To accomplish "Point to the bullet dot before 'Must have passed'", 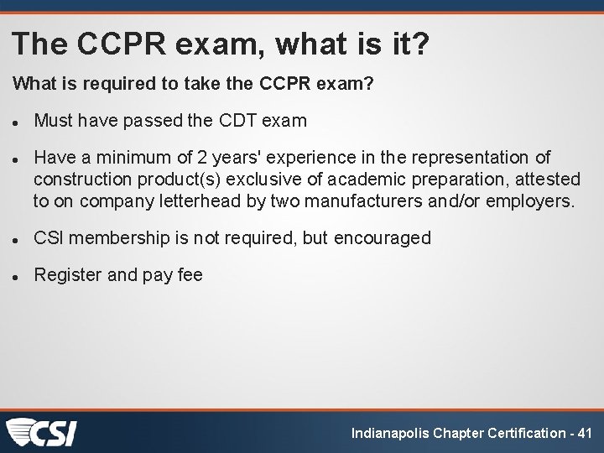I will [16, 122].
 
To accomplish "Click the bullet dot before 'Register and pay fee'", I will [16, 276].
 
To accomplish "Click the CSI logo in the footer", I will [42, 431].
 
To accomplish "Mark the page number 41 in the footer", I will [585, 433].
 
